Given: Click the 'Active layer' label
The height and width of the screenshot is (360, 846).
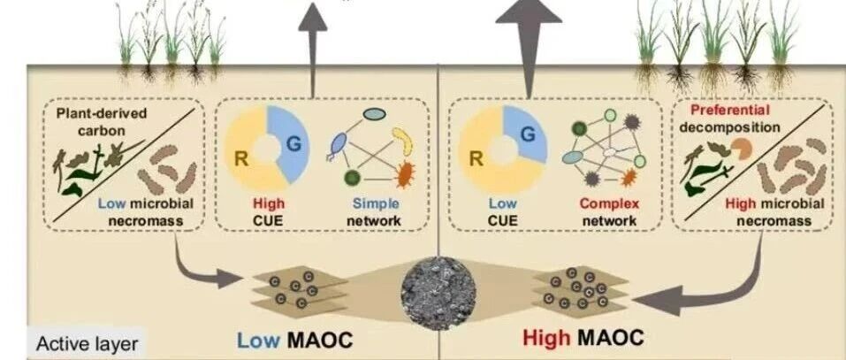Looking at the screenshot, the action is pos(87,344).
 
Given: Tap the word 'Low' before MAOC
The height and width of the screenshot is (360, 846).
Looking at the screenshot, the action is pos(258,340).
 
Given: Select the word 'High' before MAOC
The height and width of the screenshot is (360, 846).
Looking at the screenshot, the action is pos(546,339).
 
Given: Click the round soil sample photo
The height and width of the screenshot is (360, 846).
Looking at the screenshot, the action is pos(438,293).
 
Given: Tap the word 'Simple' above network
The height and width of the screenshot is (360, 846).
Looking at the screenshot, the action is pos(376,203).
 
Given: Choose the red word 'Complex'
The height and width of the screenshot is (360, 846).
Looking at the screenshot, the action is pos(609,203).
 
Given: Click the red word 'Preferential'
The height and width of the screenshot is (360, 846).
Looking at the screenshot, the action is pos(730,111).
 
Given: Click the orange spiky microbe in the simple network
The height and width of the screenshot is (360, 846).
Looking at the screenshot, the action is pos(405,175).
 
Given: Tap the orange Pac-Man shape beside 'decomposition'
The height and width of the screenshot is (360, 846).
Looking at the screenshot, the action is pos(741,149).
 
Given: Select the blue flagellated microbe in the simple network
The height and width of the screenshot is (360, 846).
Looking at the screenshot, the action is pos(338,146).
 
